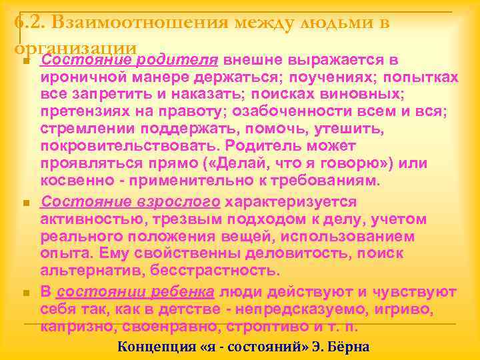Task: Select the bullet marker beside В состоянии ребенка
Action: pyautogui.click(x=25, y=293)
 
